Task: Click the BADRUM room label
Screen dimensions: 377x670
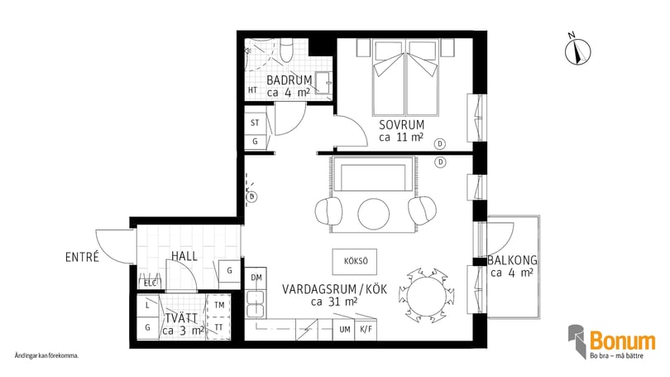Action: pyautogui.click(x=289, y=80)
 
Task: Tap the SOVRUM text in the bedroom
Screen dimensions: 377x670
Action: pyautogui.click(x=401, y=125)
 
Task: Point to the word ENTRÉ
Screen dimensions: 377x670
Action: pyautogui.click(x=82, y=257)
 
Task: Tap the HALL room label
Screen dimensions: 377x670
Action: pyautogui.click(x=184, y=257)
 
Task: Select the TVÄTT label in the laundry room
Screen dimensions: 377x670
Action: pyautogui.click(x=179, y=317)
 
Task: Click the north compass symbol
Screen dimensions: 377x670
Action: pyautogui.click(x=575, y=52)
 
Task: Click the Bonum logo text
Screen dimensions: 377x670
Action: pyautogui.click(x=622, y=341)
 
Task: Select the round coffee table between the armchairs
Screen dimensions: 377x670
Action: pyautogui.click(x=374, y=214)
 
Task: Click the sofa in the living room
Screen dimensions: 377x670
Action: pyautogui.click(x=374, y=177)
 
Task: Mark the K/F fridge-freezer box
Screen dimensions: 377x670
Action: pyautogui.click(x=366, y=329)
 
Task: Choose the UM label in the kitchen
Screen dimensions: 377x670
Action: pyautogui.click(x=344, y=329)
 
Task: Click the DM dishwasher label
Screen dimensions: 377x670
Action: pyautogui.click(x=256, y=277)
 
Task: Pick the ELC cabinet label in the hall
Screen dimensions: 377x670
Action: pyautogui.click(x=150, y=283)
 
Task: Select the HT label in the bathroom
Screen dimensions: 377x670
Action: pyautogui.click(x=253, y=91)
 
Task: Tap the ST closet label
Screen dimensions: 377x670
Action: pyautogui.click(x=255, y=123)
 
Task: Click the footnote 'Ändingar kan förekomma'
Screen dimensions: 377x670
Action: pyautogui.click(x=46, y=355)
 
